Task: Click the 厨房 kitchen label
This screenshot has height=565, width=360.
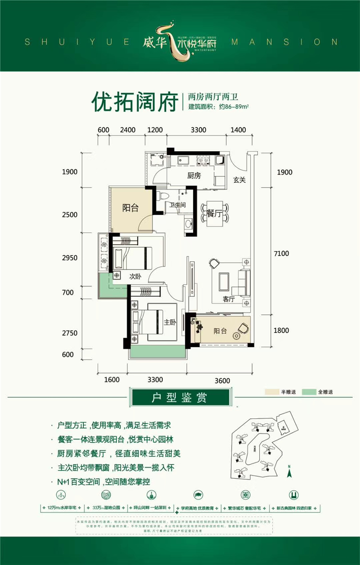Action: point(193,176)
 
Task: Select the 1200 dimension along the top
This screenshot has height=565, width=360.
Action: point(154,130)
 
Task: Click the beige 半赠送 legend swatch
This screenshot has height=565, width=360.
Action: point(271,392)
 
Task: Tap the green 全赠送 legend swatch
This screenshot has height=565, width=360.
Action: point(309,392)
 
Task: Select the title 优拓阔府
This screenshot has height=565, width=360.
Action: point(133,102)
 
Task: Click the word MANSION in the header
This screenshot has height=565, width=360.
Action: point(284,42)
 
